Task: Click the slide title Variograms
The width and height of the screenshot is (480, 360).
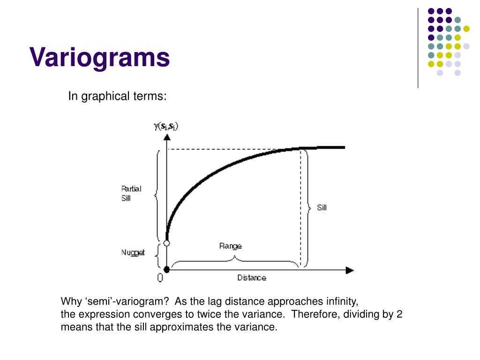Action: pyautogui.click(x=99, y=58)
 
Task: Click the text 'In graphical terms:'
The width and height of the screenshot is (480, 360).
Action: pyautogui.click(x=117, y=96)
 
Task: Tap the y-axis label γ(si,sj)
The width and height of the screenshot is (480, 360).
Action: pyautogui.click(x=166, y=126)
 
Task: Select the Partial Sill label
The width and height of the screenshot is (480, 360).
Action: pyautogui.click(x=131, y=194)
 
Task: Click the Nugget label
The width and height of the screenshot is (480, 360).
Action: pyautogui.click(x=133, y=253)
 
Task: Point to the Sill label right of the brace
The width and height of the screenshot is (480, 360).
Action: pyautogui.click(x=322, y=208)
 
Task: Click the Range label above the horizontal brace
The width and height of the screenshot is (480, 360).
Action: pyautogui.click(x=231, y=246)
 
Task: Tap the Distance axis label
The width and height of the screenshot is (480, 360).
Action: pyautogui.click(x=251, y=277)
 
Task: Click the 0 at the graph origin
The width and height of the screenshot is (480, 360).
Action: pyautogui.click(x=160, y=278)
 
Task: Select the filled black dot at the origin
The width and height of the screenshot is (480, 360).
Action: pyautogui.click(x=166, y=270)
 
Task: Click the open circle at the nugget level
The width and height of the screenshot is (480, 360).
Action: pyautogui.click(x=166, y=243)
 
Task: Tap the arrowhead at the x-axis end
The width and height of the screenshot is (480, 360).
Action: pyautogui.click(x=350, y=270)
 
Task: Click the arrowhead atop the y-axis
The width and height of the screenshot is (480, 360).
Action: pyautogui.click(x=166, y=136)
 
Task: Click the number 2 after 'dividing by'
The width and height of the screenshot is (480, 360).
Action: pyautogui.click(x=399, y=315)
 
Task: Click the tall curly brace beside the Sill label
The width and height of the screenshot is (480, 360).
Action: pyautogui.click(x=307, y=208)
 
